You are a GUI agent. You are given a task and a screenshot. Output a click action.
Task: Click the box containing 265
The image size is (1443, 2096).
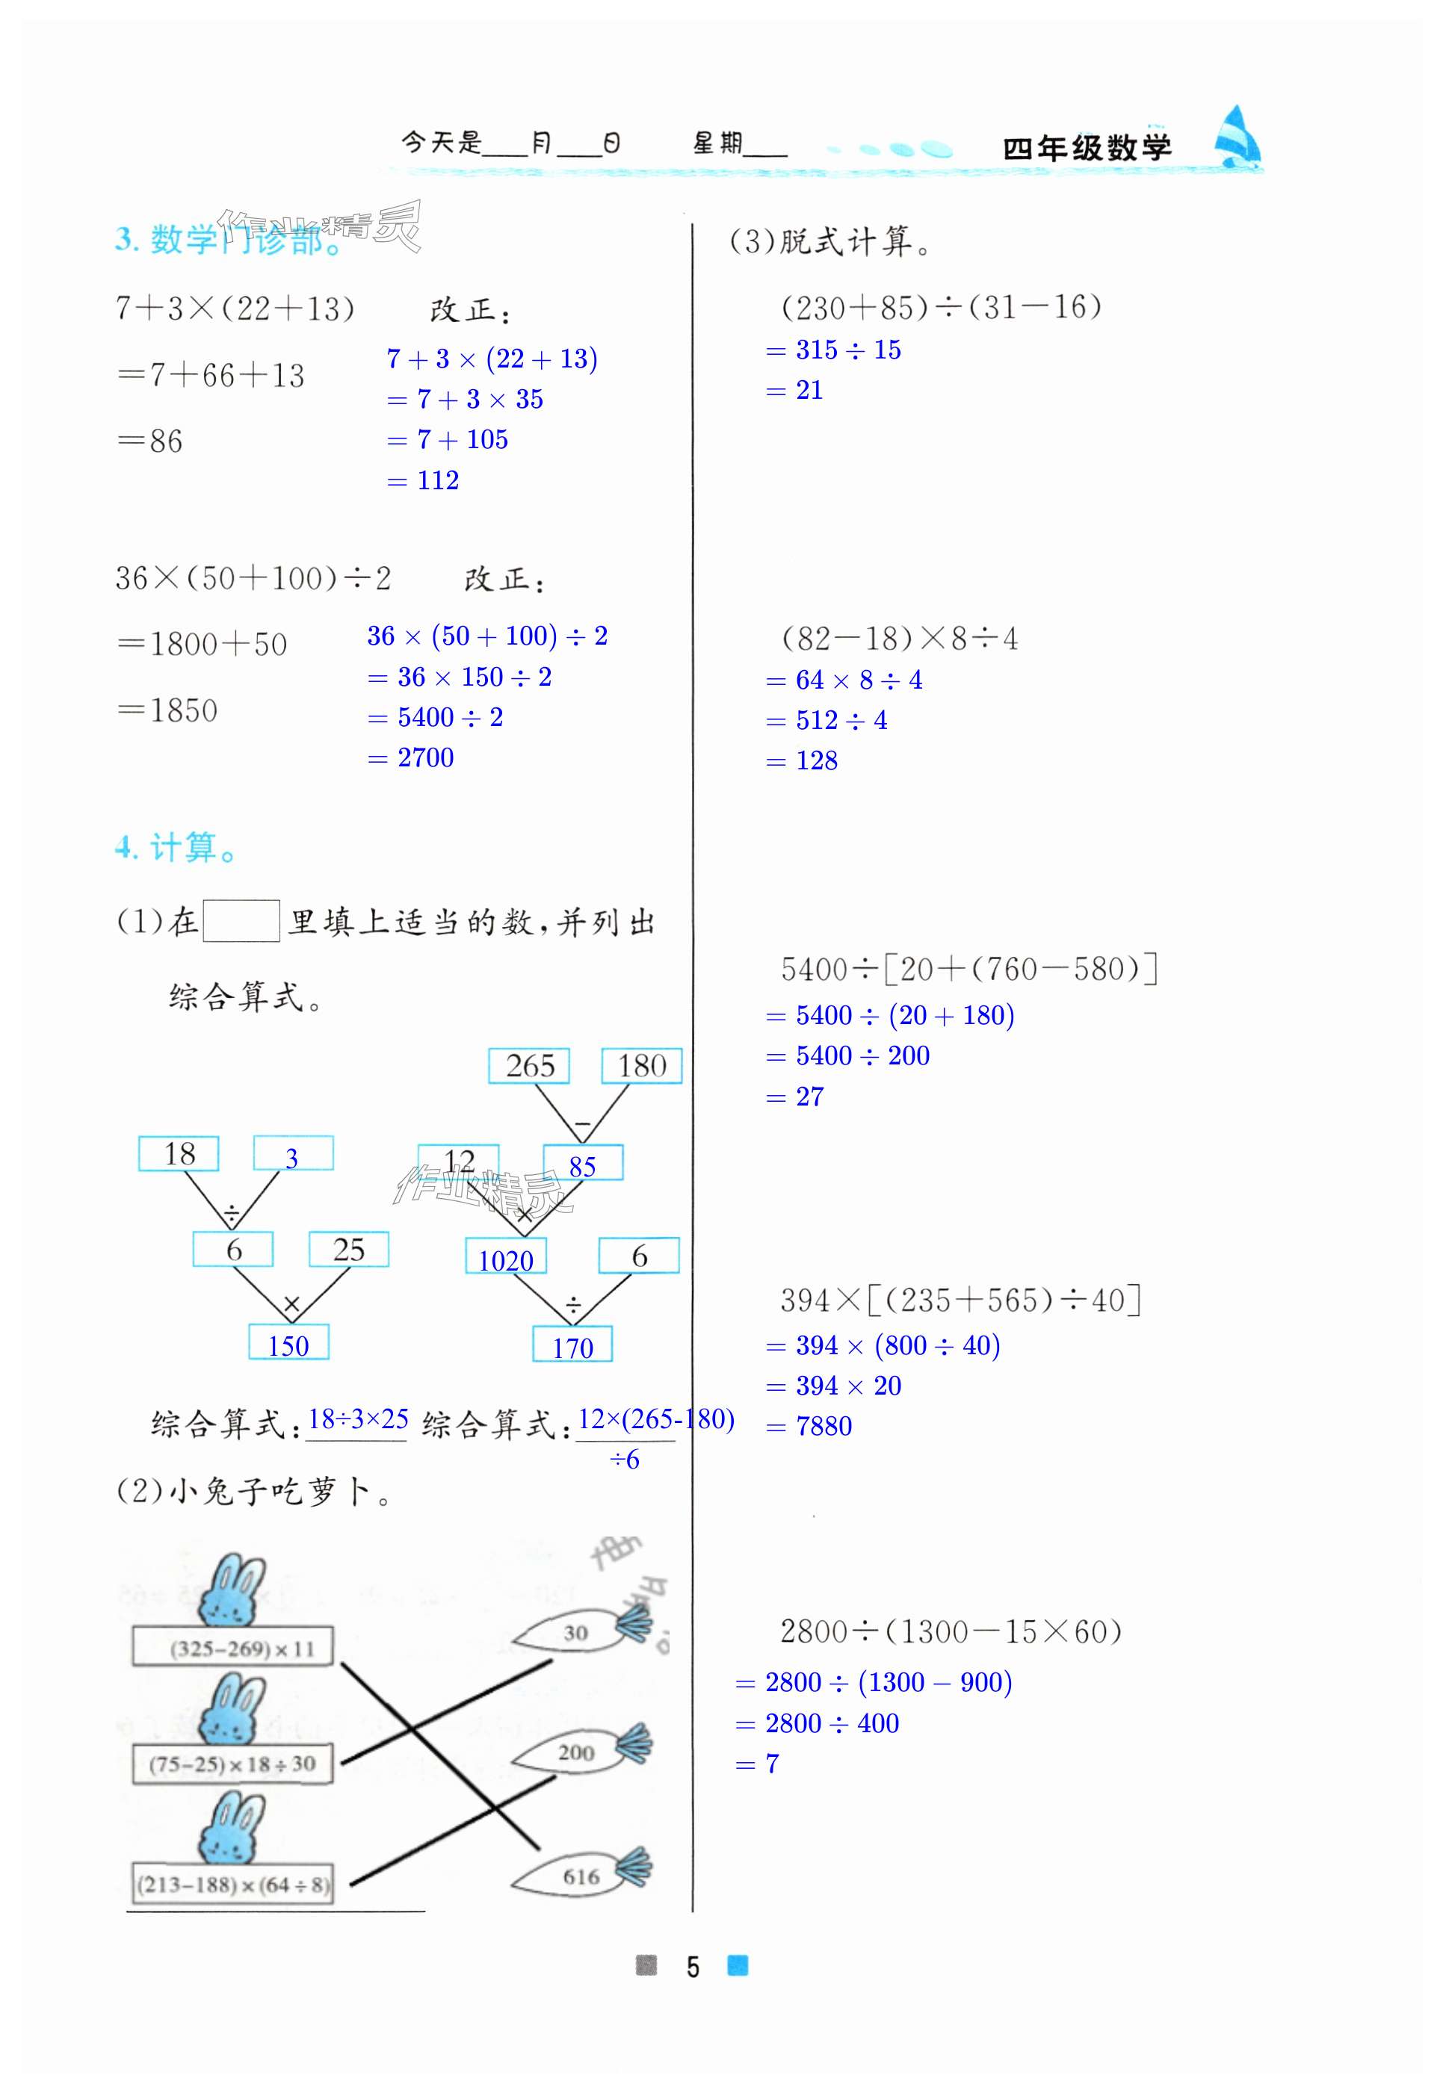[529, 1066]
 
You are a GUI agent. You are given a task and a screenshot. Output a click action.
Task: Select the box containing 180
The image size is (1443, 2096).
[642, 1066]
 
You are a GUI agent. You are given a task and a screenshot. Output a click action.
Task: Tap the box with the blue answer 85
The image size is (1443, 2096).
[583, 1164]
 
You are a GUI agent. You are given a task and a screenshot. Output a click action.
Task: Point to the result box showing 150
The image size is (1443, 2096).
[288, 1344]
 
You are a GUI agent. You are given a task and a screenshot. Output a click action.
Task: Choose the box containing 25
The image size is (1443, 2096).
[349, 1250]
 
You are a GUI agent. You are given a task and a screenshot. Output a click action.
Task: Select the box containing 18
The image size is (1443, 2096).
[179, 1154]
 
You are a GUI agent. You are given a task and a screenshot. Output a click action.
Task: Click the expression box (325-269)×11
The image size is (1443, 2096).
[233, 1648]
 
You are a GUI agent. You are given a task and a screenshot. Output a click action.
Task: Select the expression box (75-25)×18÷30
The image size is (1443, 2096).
[232, 1764]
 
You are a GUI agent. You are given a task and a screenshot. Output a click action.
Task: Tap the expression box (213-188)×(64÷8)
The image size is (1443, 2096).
[232, 1885]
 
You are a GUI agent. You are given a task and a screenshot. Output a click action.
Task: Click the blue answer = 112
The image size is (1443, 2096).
[424, 481]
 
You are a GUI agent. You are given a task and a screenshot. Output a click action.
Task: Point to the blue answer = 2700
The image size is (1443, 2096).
[412, 758]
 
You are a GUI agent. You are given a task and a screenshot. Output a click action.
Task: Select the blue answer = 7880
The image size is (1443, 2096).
[809, 1426]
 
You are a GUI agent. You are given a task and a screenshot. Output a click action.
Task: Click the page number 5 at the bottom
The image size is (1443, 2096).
[693, 1967]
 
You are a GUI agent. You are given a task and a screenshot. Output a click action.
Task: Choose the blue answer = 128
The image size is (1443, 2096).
[803, 761]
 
